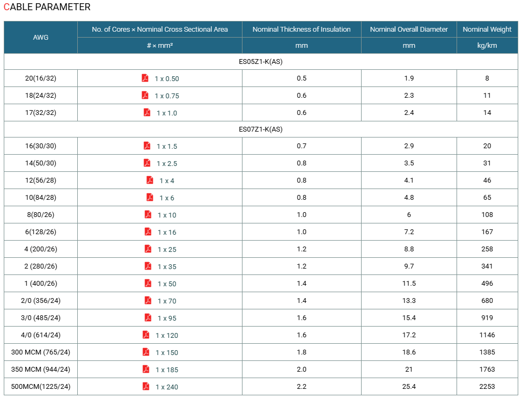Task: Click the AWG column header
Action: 41,38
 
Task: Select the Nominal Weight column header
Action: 487,30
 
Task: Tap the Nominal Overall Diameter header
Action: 409,30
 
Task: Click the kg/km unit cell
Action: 487,45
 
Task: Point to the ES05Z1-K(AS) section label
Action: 261,62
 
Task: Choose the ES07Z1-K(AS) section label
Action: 261,129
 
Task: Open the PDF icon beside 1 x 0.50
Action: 145,78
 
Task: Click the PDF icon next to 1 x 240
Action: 146,386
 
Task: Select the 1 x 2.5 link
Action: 167,164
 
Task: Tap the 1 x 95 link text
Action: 167,319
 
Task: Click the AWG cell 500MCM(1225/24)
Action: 41,387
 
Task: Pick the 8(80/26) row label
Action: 41,215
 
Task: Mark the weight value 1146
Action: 487,335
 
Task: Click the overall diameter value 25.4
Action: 409,387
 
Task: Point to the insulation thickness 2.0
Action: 302,370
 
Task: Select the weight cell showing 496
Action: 487,284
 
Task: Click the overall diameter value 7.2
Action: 409,232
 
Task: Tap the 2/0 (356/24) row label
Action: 41,301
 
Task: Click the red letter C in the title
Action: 6,7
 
